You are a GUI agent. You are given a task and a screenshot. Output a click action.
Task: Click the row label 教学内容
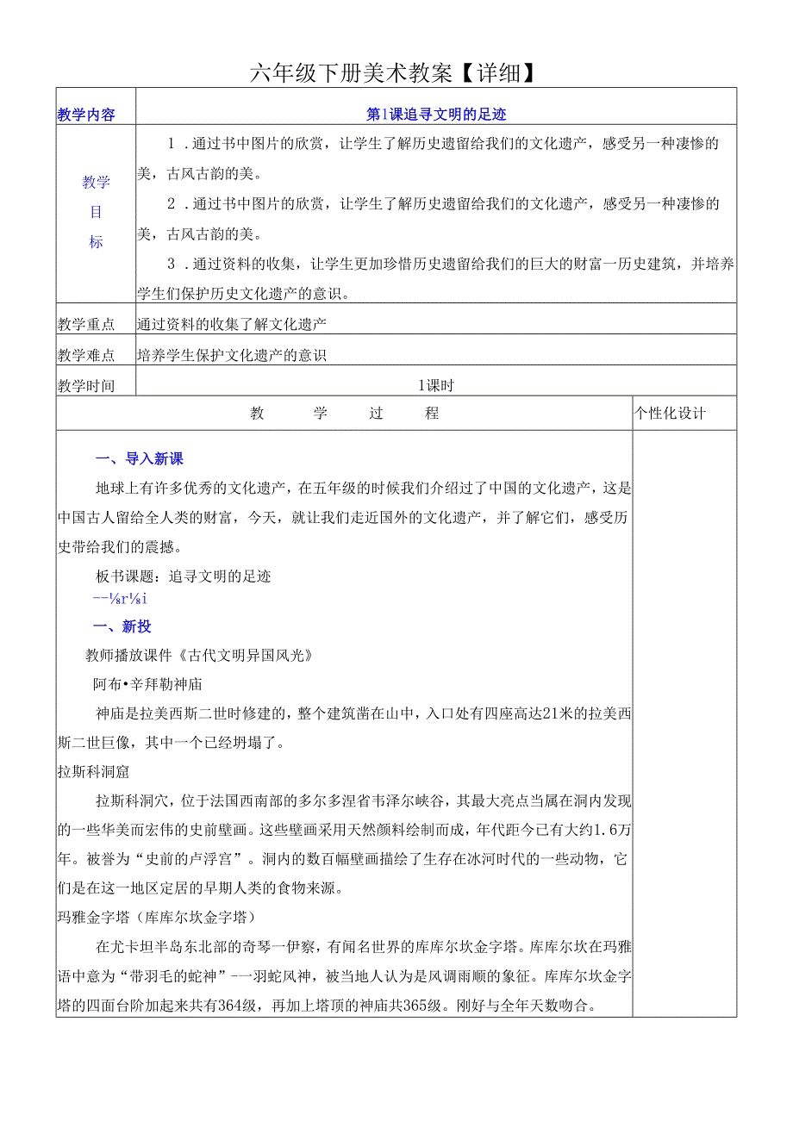coord(85,115)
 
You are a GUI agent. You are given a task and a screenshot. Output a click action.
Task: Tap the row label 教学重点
coord(85,324)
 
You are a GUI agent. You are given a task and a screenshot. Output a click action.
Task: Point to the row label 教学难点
coord(85,354)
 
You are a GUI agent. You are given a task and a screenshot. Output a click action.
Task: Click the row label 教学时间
coord(85,385)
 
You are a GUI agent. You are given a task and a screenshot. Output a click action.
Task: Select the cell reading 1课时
coord(435,385)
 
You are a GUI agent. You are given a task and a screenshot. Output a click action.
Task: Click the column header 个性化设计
coord(671,414)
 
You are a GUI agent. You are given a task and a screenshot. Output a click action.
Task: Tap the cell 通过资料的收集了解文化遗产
coord(232,324)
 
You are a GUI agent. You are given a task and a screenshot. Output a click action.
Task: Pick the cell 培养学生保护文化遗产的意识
coord(232,354)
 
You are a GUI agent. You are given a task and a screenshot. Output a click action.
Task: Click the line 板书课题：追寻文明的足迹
coord(184,576)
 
